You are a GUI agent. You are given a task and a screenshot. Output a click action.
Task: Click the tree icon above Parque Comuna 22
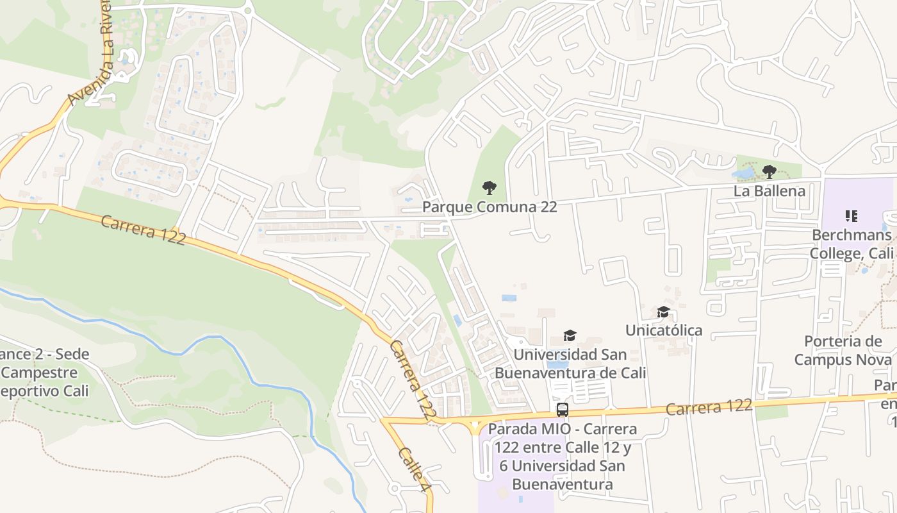point(490,187)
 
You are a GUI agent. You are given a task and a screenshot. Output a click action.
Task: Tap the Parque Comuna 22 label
point(490,207)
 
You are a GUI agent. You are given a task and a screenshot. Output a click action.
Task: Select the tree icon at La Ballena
point(769,171)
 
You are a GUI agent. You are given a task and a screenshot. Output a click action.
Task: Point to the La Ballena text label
point(769,191)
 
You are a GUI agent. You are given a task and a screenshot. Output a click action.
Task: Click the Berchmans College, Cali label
point(852,244)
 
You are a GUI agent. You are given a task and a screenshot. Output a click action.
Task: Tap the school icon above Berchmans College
point(852,216)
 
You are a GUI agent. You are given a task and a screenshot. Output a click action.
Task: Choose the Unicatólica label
point(664,330)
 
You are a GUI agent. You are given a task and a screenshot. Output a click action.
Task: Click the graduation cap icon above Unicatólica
point(664,312)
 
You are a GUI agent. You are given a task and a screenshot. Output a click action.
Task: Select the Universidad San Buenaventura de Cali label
point(570,364)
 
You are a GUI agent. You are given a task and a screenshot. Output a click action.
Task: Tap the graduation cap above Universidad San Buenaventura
point(570,336)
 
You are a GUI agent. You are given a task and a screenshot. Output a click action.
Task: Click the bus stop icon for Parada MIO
point(563,410)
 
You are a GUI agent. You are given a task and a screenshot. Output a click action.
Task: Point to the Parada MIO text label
point(562,456)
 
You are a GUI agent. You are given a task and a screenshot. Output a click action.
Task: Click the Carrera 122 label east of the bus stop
point(709,407)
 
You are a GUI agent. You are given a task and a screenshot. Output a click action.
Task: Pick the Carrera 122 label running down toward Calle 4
point(413,381)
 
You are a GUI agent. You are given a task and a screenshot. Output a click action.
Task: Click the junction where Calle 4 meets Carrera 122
point(384,421)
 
